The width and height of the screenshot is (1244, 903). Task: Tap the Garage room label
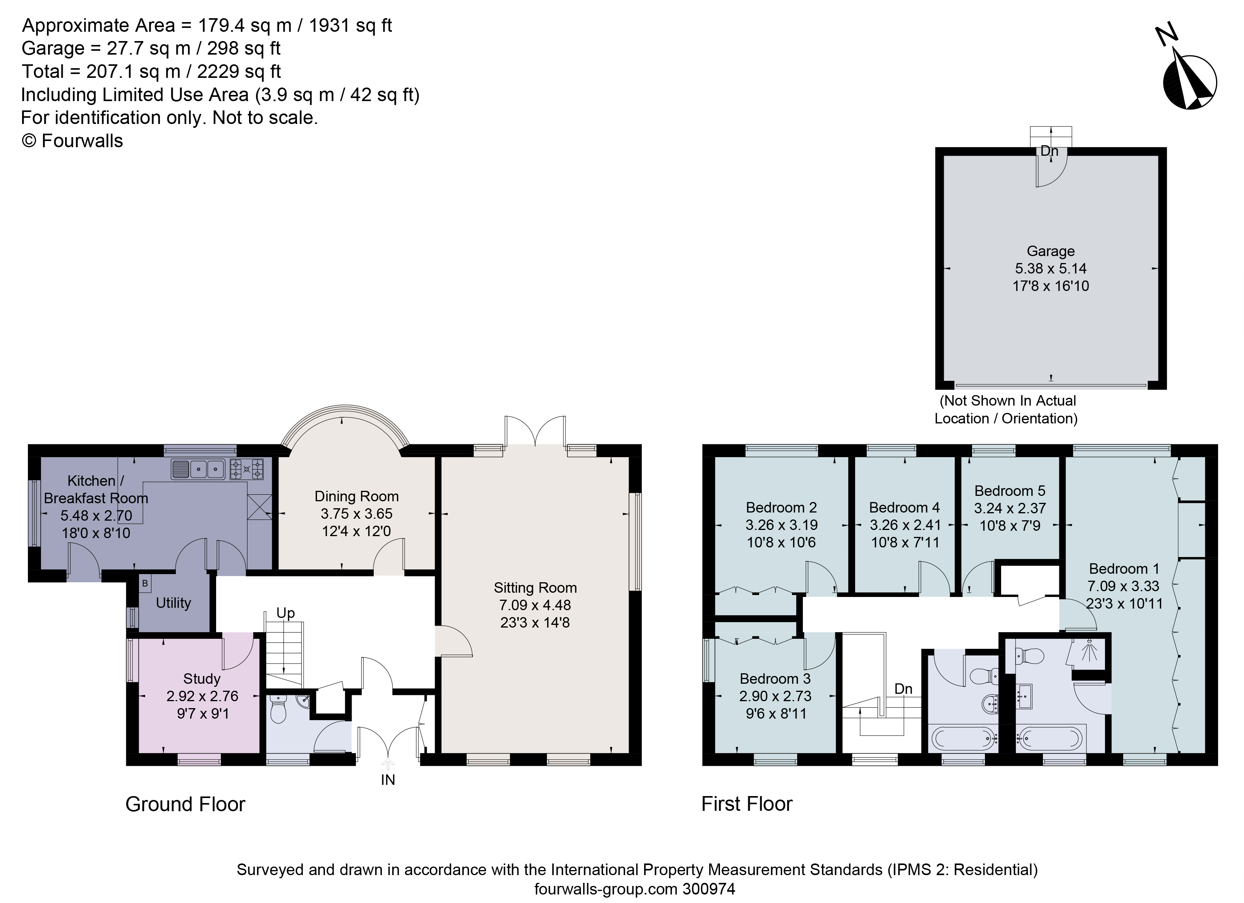(1050, 251)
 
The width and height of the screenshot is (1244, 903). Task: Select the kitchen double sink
(199, 470)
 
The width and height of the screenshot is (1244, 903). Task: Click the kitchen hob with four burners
(247, 470)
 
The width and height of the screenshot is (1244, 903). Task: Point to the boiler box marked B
(145, 583)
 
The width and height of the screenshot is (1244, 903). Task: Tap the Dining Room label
(357, 497)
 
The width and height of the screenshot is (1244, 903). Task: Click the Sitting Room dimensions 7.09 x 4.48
(535, 605)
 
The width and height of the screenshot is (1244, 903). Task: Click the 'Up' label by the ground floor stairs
(285, 613)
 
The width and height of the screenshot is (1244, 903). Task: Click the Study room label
(202, 679)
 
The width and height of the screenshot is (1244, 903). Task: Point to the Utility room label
(174, 603)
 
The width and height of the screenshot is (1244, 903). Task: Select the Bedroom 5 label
(1010, 490)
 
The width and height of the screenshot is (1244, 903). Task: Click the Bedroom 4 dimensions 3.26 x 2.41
(905, 525)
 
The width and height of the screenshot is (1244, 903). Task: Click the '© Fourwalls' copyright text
(72, 141)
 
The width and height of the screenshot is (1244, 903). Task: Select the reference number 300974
(709, 889)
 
